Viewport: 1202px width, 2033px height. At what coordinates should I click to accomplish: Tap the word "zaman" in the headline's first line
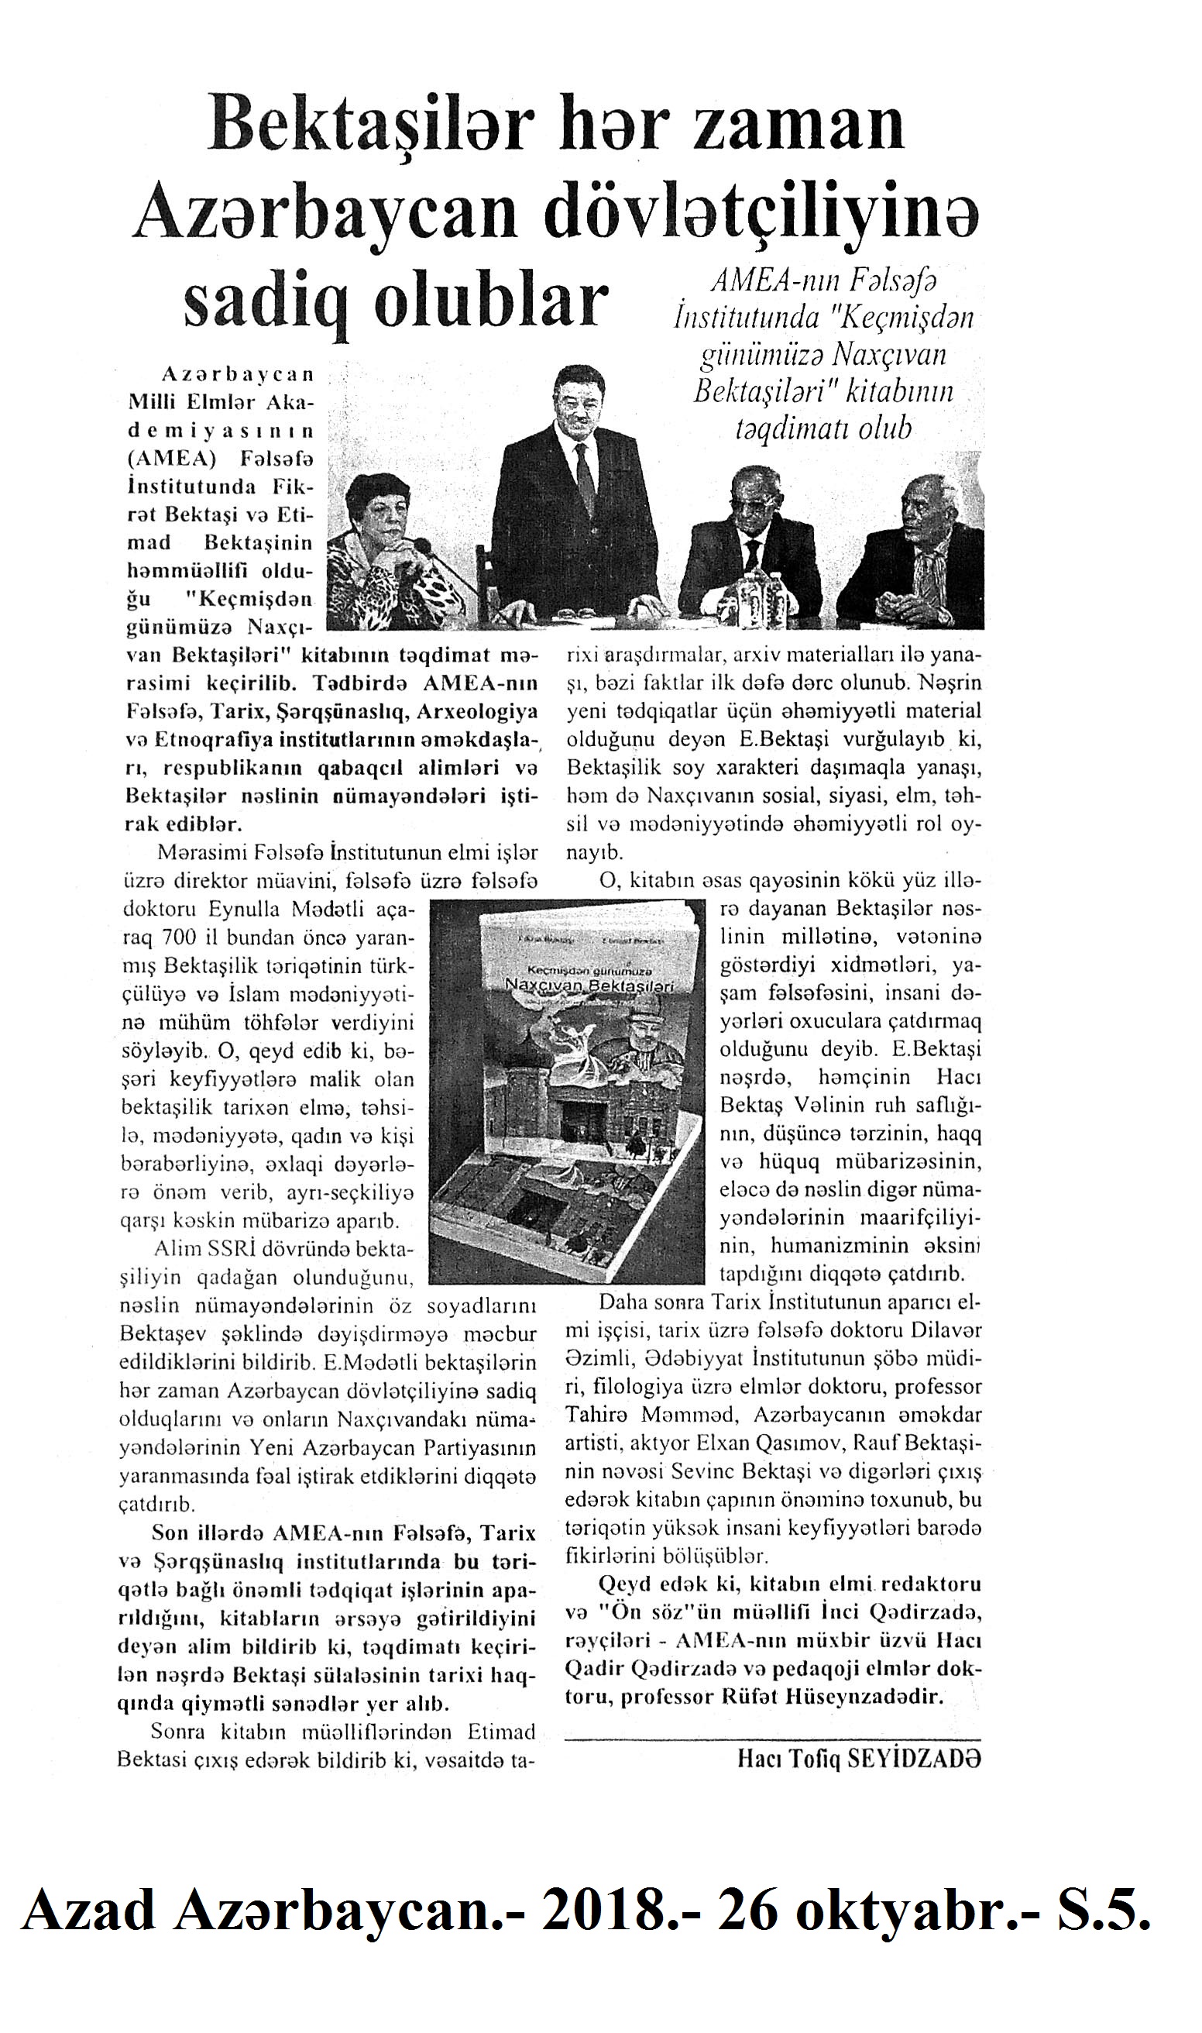point(792,126)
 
